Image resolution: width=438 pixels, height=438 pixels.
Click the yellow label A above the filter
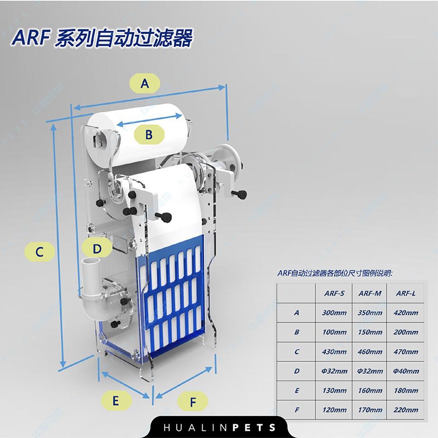[145, 83]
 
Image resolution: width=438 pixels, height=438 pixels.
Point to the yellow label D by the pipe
[97, 248]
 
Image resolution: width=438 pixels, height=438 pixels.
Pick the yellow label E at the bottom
[116, 400]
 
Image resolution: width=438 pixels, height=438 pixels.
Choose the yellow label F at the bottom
[193, 402]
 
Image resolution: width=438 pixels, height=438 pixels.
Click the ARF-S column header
[335, 293]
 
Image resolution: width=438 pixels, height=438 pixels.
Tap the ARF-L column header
[406, 293]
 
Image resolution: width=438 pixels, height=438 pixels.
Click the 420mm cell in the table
[406, 313]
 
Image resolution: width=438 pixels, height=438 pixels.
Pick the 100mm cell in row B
[335, 332]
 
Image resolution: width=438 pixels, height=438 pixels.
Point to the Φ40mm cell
[406, 371]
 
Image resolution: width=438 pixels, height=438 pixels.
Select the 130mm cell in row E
[335, 391]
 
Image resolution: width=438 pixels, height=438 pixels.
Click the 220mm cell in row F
[406, 410]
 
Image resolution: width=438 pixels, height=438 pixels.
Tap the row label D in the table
[297, 371]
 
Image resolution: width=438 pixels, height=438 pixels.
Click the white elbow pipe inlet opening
[92, 265]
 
